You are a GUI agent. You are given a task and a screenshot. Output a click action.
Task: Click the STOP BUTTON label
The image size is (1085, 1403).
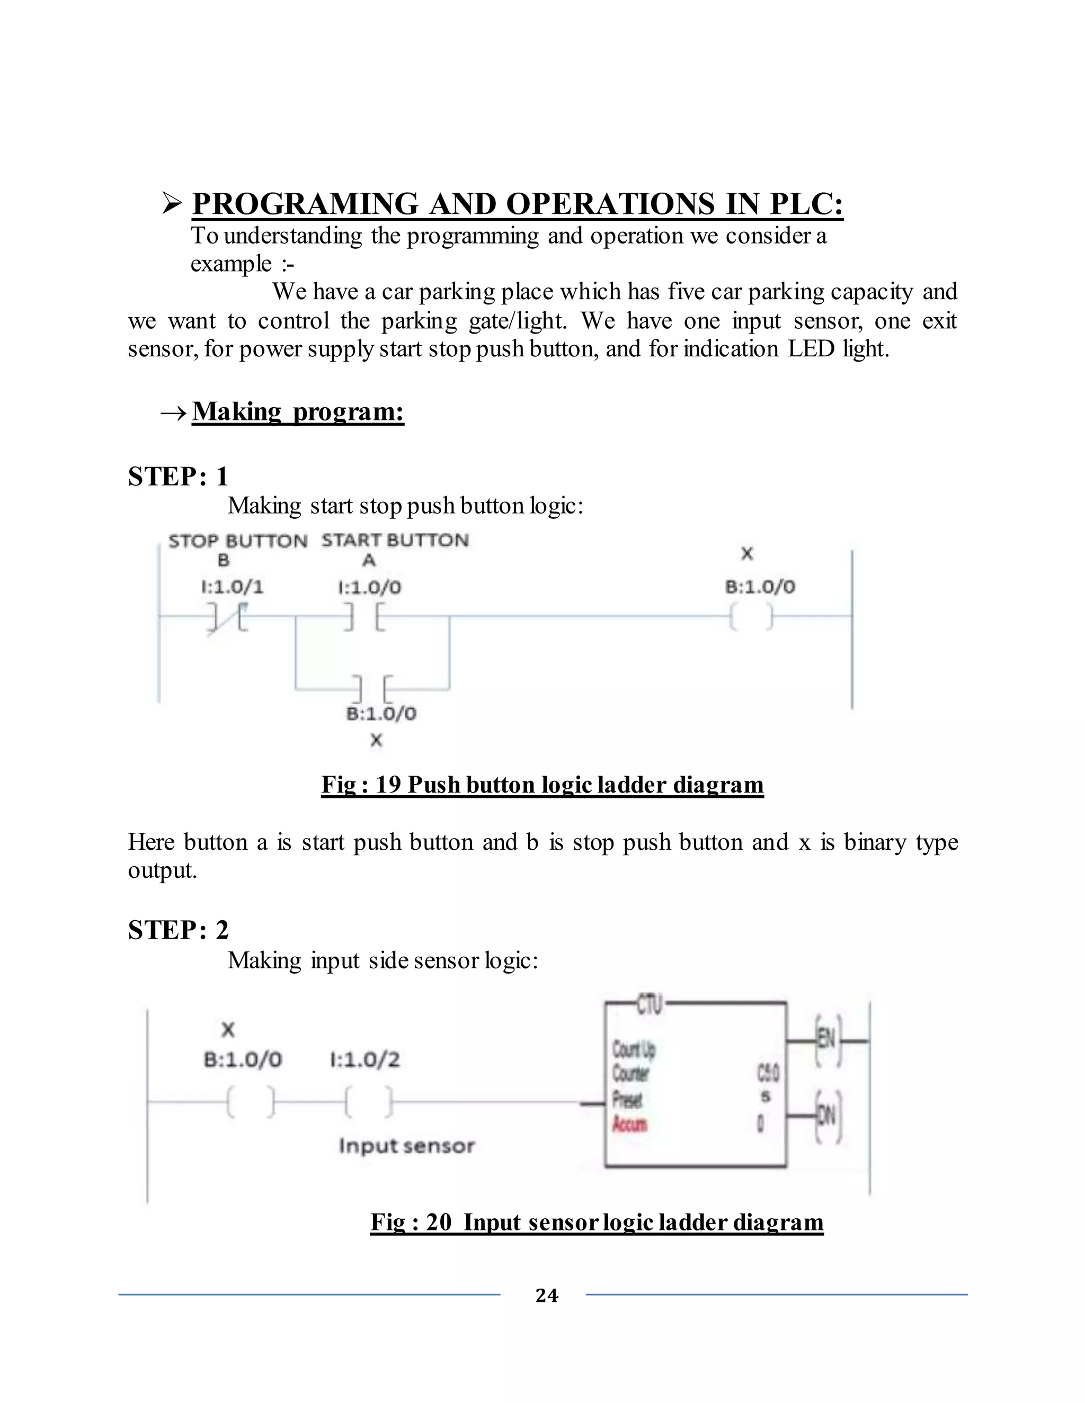(238, 541)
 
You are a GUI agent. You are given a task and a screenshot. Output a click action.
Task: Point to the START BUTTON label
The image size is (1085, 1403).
(395, 540)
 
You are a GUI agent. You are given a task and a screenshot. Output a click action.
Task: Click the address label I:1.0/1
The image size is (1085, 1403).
(232, 587)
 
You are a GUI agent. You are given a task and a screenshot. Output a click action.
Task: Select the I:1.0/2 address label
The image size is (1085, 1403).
(364, 1059)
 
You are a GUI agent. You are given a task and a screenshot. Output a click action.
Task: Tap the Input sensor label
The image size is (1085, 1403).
(406, 1145)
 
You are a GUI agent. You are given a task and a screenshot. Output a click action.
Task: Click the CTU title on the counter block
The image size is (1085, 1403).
(649, 1004)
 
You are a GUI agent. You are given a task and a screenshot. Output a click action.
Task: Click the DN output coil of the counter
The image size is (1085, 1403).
(828, 1117)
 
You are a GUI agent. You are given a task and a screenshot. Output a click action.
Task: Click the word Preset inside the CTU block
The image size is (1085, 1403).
(627, 1099)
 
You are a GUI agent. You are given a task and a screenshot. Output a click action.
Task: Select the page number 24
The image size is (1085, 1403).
(546, 1295)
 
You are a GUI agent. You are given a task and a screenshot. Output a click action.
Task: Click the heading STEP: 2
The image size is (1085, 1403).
(178, 930)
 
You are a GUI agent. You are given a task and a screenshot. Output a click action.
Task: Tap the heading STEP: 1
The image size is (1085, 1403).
(178, 476)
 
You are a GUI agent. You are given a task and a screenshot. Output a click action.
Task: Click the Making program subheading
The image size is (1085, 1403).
(298, 411)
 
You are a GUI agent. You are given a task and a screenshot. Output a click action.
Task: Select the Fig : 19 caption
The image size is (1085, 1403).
(542, 785)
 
